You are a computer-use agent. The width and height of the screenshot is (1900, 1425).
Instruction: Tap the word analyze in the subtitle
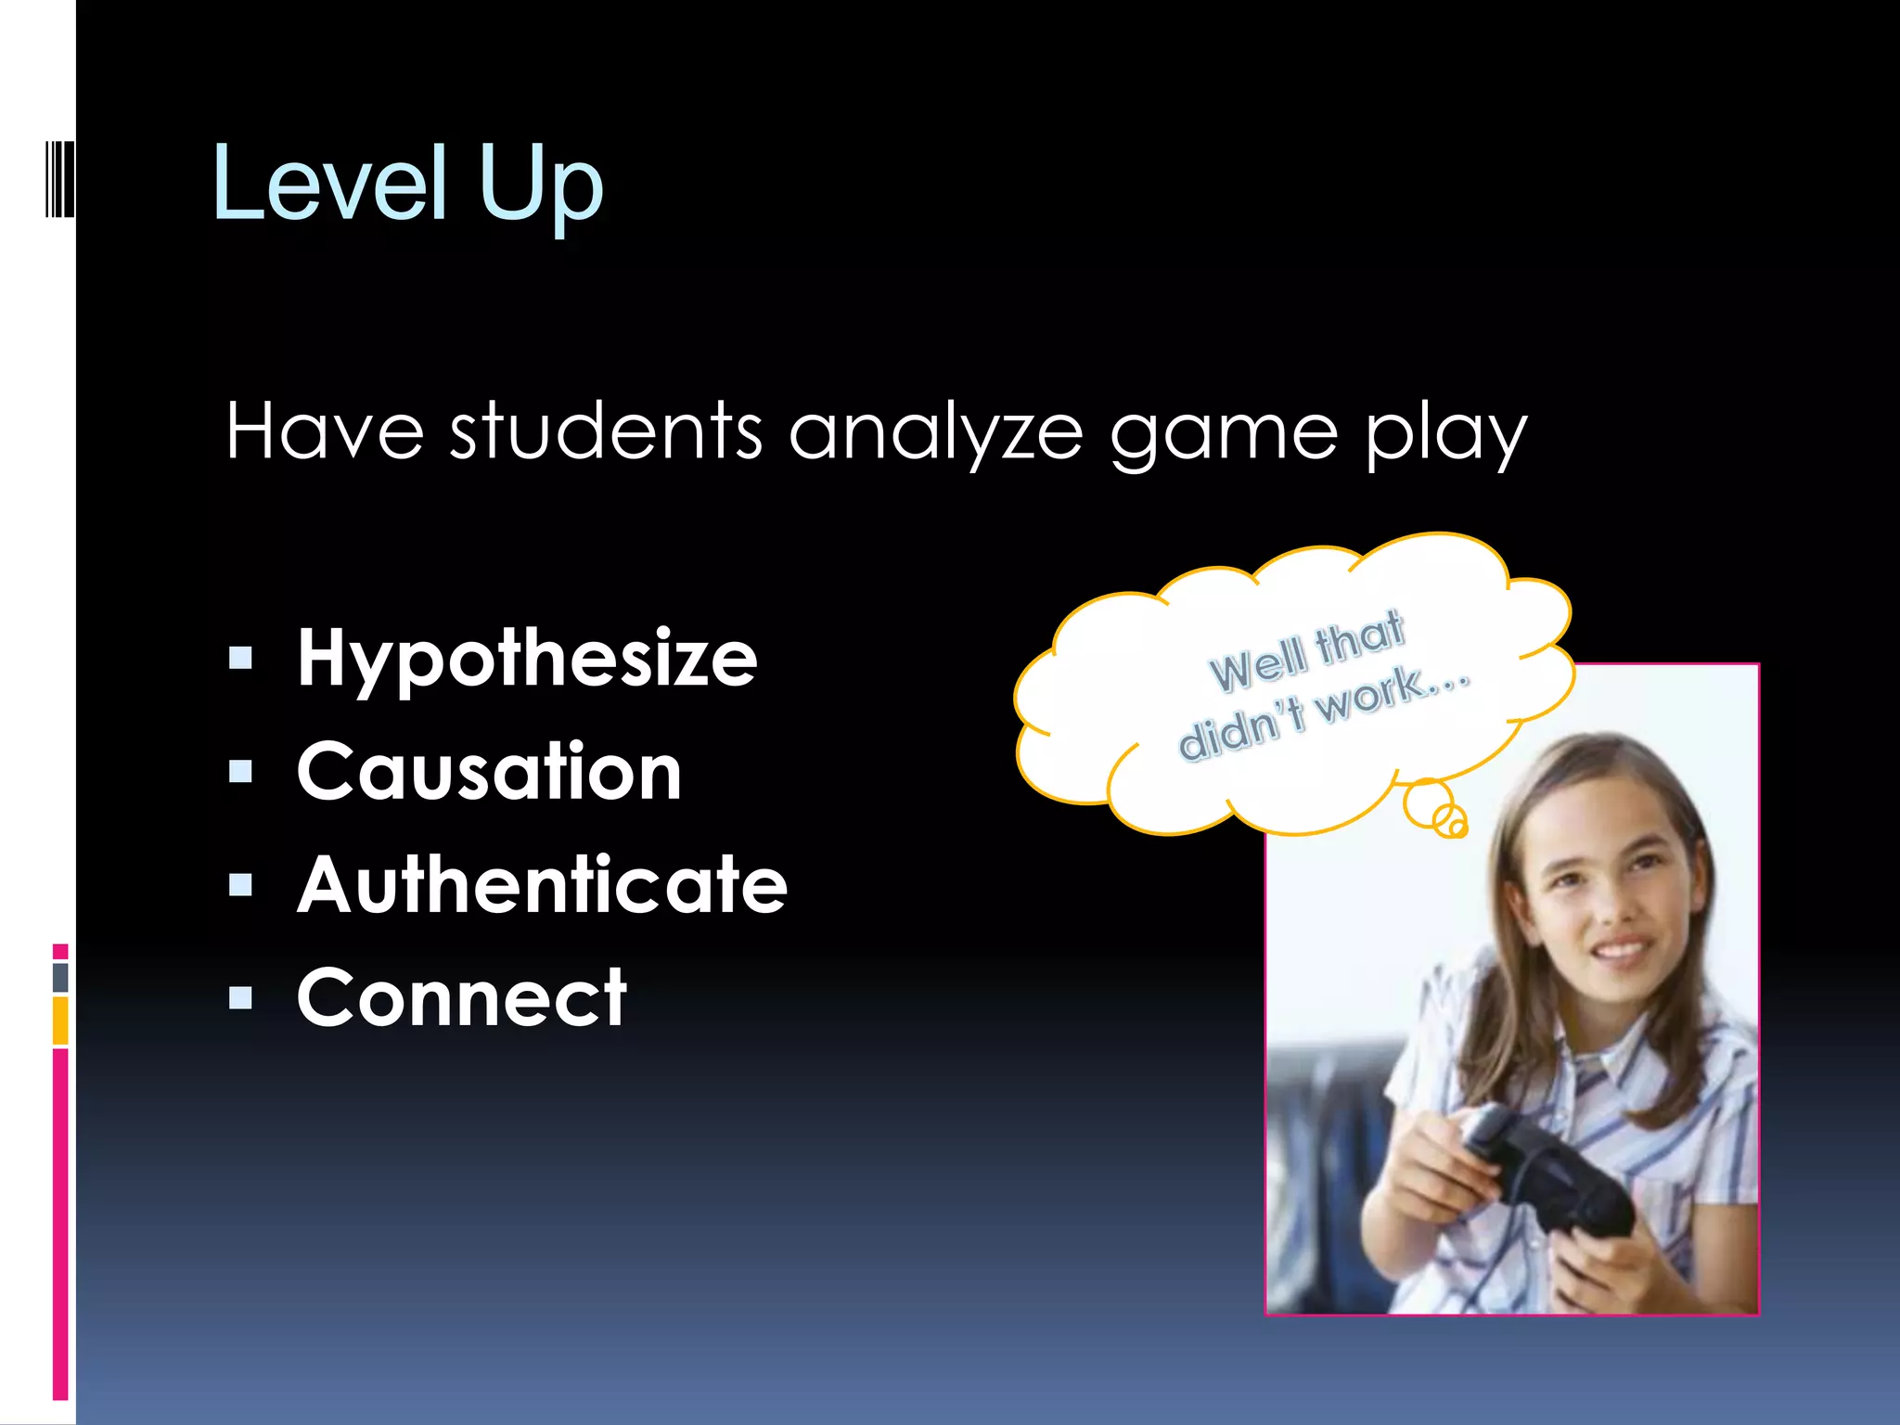(x=936, y=434)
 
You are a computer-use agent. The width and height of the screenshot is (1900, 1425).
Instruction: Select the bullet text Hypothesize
(x=527, y=660)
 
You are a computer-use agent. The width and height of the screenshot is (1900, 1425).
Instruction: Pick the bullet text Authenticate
(x=542, y=885)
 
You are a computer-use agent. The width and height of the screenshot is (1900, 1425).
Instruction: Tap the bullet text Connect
(x=462, y=998)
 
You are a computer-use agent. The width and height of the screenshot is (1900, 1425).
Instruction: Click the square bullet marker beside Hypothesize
(x=240, y=659)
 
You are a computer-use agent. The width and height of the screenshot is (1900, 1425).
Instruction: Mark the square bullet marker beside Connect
(x=240, y=998)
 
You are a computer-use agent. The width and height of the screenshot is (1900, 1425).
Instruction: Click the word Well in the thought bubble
(x=1257, y=663)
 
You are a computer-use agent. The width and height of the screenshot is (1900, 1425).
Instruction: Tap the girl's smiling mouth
(x=1622, y=950)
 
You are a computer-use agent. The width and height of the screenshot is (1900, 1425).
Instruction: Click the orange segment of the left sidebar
(x=60, y=1021)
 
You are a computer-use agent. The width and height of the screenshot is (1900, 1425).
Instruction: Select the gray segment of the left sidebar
(x=60, y=977)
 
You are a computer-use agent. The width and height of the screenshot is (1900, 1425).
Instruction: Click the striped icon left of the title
(x=59, y=178)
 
